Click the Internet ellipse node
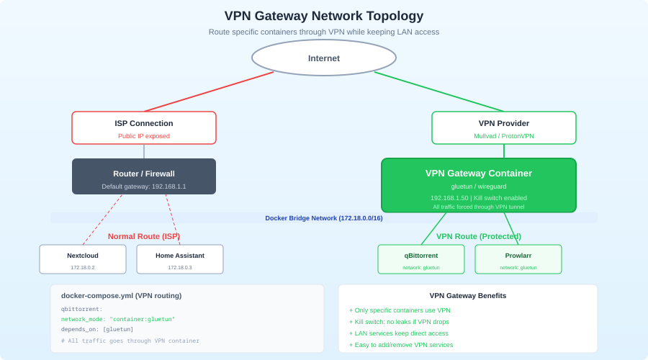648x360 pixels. (324, 58)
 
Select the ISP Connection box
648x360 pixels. (144, 127)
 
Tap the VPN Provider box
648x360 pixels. (504, 127)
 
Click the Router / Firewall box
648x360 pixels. (144, 176)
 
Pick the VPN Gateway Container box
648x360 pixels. (479, 185)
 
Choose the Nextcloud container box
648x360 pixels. (83, 259)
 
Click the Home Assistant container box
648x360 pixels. (180, 259)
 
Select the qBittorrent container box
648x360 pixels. (421, 259)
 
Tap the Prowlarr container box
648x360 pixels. (518, 259)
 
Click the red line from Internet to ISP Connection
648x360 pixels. (209, 91)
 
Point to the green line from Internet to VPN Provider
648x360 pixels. (439, 91)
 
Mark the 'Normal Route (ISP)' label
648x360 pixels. (144, 236)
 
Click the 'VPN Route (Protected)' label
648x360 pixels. (479, 236)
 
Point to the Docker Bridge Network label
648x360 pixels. (324, 217)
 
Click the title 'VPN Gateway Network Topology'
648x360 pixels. (324, 16)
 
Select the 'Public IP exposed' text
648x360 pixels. (144, 135)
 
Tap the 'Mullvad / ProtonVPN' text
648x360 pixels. (504, 135)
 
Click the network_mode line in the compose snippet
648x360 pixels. (118, 319)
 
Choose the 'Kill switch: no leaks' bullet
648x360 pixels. (402, 322)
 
